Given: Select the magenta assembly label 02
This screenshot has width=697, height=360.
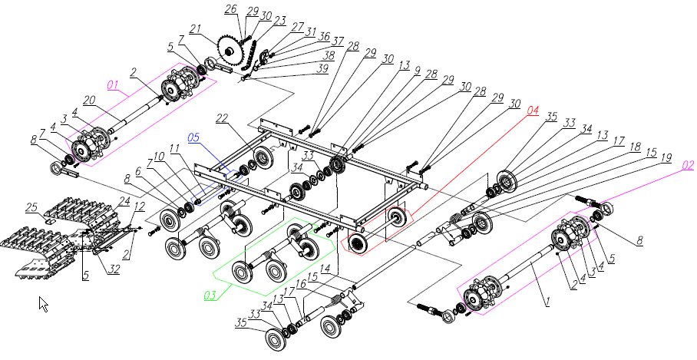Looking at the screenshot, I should tap(687, 164).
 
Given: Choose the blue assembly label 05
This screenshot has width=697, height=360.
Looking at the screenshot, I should tap(194, 137).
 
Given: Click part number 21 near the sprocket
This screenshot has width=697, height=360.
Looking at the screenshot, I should tap(195, 29).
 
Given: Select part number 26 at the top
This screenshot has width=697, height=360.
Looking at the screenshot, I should tap(230, 8).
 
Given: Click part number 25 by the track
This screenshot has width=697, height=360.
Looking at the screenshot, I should tap(31, 206).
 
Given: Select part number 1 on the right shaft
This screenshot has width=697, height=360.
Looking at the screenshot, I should tap(548, 303).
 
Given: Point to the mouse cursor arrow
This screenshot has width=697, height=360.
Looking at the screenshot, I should tap(43, 304).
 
